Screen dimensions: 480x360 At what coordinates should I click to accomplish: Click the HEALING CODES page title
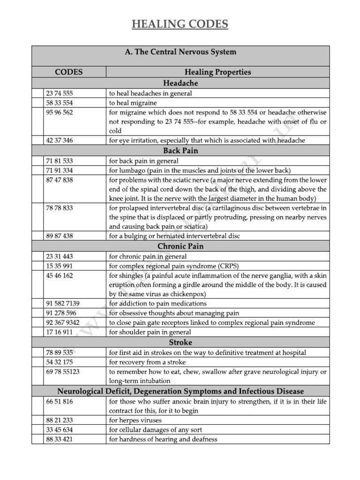(180, 24)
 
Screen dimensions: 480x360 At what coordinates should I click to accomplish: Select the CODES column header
(68, 72)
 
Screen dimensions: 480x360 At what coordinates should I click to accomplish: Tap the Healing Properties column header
(217, 72)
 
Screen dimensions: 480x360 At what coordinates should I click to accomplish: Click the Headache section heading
(180, 83)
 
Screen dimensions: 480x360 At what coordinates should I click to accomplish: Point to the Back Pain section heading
(180, 150)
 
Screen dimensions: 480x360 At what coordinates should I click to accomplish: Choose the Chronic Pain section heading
(180, 246)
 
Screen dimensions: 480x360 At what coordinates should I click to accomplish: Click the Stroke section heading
(180, 342)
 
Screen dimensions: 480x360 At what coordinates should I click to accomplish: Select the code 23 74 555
(59, 93)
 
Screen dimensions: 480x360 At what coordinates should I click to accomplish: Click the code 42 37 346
(59, 140)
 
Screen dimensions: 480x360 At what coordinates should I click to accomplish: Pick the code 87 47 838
(59, 180)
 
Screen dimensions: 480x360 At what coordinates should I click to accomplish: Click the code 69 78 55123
(62, 371)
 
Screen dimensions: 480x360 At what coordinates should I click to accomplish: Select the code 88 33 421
(59, 439)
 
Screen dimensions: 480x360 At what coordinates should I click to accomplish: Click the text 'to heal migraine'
(133, 103)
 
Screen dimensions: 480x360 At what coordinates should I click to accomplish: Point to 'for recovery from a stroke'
(147, 362)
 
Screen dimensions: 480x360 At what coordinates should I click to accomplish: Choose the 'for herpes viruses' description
(136, 420)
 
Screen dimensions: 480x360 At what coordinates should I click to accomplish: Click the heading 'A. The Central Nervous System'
(180, 52)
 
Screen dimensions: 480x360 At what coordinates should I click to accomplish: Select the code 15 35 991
(59, 266)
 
